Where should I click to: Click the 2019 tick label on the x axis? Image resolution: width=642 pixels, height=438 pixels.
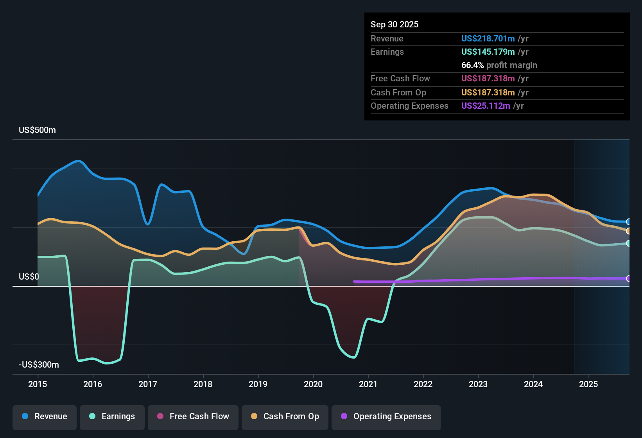(x=258, y=384)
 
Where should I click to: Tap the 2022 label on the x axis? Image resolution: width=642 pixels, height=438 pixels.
(x=423, y=384)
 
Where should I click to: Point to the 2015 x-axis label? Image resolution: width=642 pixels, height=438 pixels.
(x=38, y=384)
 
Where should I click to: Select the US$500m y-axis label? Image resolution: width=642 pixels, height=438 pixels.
(x=37, y=130)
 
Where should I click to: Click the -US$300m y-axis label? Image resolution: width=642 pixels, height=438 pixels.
(x=39, y=364)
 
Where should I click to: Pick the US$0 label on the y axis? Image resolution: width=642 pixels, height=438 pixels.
(x=29, y=276)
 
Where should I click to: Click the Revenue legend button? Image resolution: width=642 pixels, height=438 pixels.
(x=45, y=416)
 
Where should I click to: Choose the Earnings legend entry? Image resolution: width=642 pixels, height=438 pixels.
(x=112, y=416)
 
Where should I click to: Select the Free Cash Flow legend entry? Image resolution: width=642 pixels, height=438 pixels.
(x=193, y=416)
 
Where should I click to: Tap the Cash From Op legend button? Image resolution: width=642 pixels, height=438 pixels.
(x=285, y=416)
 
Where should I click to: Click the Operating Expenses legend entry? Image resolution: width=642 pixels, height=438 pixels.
(x=386, y=416)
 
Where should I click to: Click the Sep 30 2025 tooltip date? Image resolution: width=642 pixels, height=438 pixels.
(x=394, y=24)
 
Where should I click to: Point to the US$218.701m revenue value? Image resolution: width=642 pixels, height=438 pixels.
(x=488, y=38)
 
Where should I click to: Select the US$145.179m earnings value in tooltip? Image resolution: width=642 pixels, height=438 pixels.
(x=488, y=52)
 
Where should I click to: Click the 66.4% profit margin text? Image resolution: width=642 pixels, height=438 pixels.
(x=499, y=65)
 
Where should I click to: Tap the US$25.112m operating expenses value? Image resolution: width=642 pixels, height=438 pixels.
(x=485, y=106)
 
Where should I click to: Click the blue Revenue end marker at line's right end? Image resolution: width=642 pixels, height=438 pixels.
(x=628, y=222)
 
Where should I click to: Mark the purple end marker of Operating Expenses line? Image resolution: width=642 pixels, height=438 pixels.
(x=628, y=278)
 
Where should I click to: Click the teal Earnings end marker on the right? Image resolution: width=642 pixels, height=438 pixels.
(x=628, y=243)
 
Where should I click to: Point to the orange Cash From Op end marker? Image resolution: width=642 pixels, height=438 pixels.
(x=628, y=231)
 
